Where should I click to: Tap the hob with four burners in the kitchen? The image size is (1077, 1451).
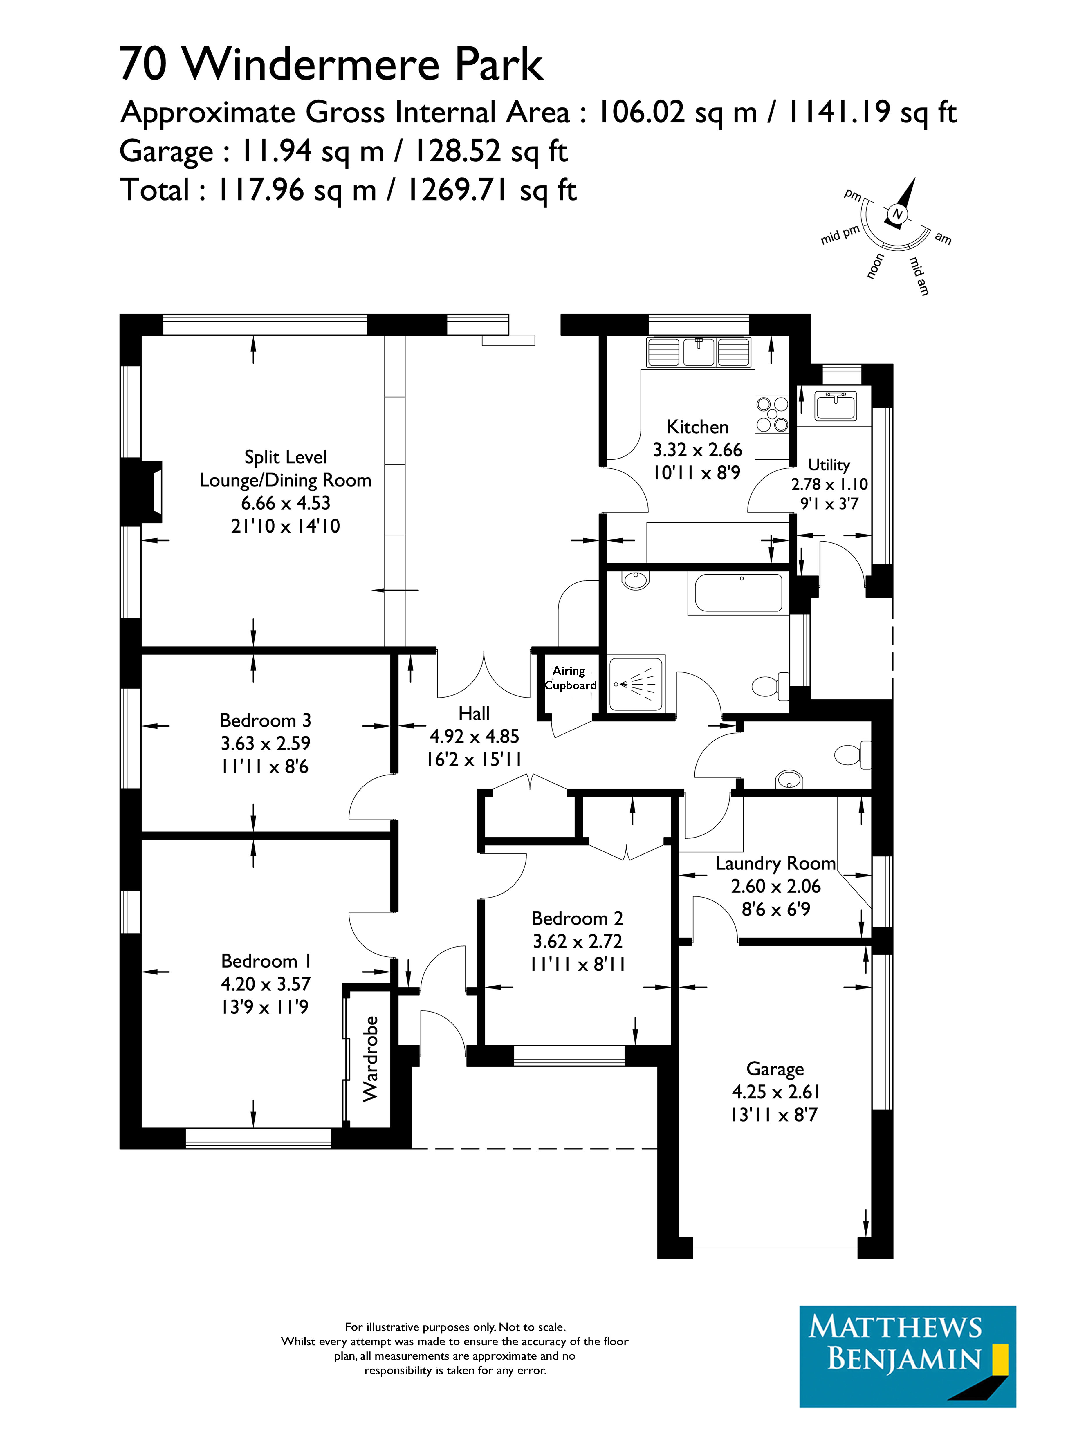772,415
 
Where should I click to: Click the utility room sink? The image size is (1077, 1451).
836,405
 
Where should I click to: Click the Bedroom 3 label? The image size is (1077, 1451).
265,720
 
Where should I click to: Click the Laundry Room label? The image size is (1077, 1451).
775,864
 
